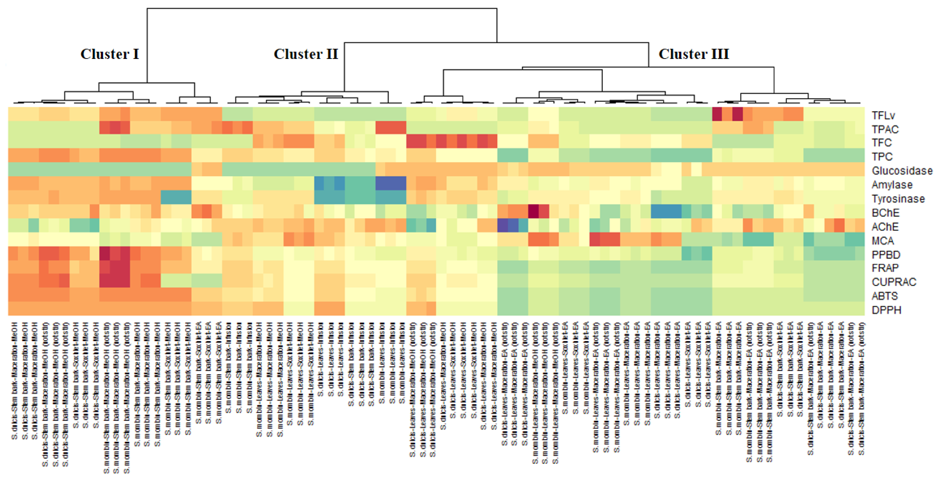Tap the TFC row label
pyautogui.click(x=882, y=143)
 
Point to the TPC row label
pyautogui.click(x=882, y=157)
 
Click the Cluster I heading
pyautogui.click(x=110, y=54)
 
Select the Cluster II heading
pyautogui.click(x=306, y=54)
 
